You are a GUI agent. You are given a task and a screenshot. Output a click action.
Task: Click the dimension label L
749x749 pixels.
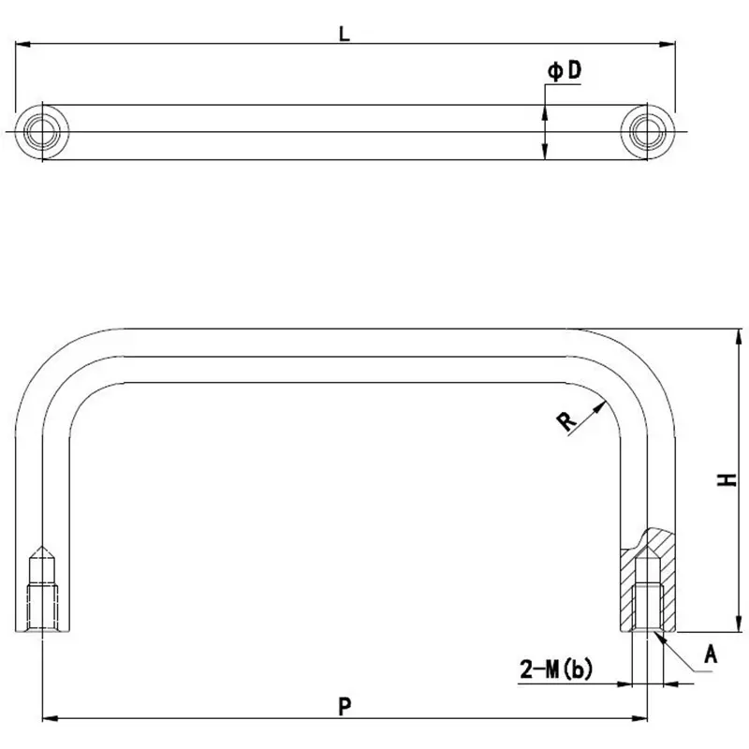pyautogui.click(x=345, y=34)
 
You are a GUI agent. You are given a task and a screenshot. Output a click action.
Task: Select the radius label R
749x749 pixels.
pyautogui.click(x=566, y=421)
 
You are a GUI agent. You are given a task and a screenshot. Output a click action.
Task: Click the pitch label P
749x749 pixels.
pyautogui.click(x=345, y=707)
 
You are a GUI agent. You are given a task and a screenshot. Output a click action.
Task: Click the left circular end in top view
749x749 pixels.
pyautogui.click(x=42, y=131)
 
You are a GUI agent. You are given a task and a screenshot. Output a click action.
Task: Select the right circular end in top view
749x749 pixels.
pyautogui.click(x=648, y=131)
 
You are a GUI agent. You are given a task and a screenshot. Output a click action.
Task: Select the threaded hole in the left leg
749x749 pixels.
pyautogui.click(x=42, y=604)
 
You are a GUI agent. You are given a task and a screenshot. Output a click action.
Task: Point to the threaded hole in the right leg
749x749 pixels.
pyautogui.click(x=648, y=604)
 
